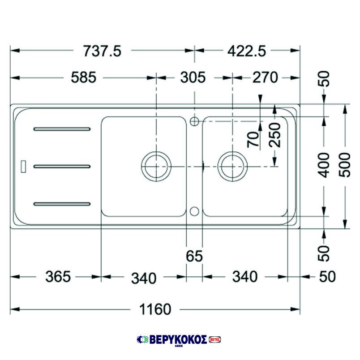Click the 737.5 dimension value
[x=102, y=51]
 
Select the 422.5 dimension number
[x=247, y=51]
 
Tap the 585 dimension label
[x=84, y=77]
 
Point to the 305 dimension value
[x=193, y=77]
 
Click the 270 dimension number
[x=266, y=77]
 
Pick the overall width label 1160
[x=155, y=309]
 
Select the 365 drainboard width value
[x=58, y=277]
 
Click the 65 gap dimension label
[x=194, y=256]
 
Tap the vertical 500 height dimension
[x=345, y=165]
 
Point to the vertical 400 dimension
[x=323, y=165]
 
